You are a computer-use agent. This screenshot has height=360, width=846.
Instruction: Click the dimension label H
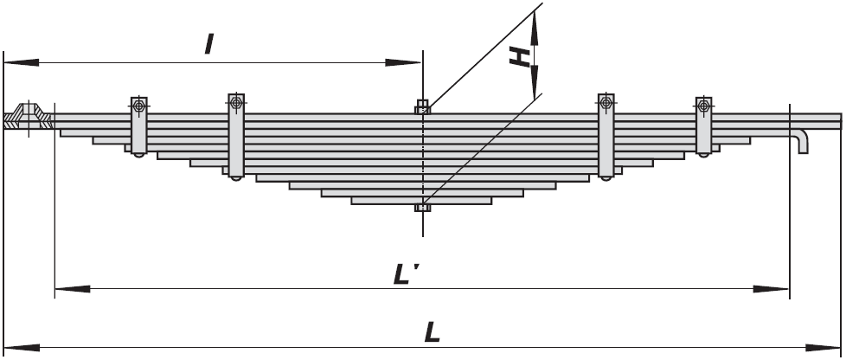click(x=520, y=56)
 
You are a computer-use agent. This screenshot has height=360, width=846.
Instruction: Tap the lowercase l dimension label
click(x=209, y=44)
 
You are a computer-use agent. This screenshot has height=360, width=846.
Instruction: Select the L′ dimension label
click(x=406, y=274)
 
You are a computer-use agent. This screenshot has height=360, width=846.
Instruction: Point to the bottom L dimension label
click(x=433, y=332)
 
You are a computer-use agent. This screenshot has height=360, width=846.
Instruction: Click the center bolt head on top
click(x=422, y=106)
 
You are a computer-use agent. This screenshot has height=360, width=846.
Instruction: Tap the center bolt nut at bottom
click(x=422, y=207)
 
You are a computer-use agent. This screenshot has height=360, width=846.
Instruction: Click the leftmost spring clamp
click(x=139, y=127)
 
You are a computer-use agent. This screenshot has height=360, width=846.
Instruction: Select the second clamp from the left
click(x=236, y=137)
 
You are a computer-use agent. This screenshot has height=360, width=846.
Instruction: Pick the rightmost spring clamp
click(x=703, y=127)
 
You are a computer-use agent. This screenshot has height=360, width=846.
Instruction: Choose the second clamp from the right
click(x=606, y=137)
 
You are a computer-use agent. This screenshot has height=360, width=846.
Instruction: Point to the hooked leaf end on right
click(x=802, y=141)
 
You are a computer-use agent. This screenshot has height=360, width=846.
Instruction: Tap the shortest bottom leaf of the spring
click(x=421, y=201)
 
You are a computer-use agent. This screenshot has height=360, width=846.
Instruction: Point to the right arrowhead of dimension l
click(x=403, y=62)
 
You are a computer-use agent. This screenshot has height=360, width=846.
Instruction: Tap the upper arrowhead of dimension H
click(x=534, y=29)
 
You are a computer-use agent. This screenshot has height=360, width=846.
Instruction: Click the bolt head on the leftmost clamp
click(x=139, y=106)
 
